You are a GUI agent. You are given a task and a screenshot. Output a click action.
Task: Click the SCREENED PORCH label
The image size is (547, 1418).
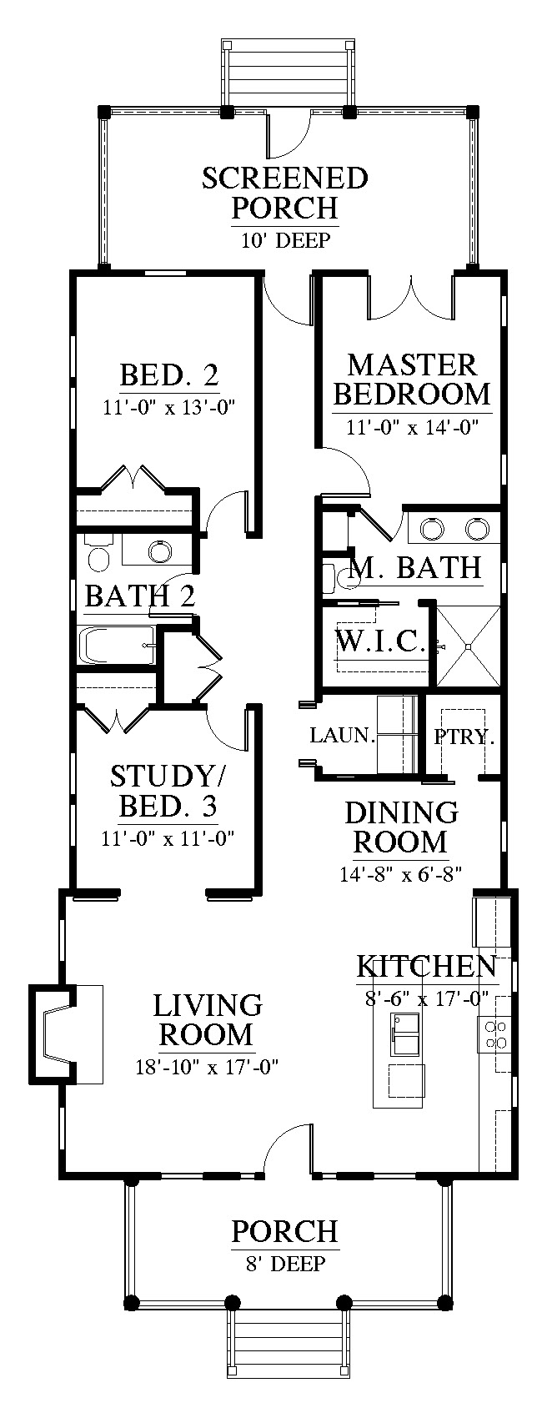click(x=285, y=193)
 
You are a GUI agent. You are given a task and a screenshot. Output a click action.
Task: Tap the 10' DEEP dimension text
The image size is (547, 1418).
click(x=285, y=240)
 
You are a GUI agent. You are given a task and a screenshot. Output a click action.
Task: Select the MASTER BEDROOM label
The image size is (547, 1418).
click(x=412, y=380)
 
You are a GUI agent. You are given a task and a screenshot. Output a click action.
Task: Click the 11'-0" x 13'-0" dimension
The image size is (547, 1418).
click(x=169, y=405)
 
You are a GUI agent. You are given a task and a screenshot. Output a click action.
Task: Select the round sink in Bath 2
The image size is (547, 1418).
click(x=159, y=551)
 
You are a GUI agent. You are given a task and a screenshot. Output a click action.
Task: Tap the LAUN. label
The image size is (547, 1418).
click(x=343, y=735)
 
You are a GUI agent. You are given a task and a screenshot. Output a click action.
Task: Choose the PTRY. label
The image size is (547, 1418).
click(x=464, y=737)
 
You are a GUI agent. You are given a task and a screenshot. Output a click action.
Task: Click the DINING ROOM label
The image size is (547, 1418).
click(x=401, y=827)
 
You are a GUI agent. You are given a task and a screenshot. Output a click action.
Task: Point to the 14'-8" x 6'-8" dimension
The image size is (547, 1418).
click(x=400, y=874)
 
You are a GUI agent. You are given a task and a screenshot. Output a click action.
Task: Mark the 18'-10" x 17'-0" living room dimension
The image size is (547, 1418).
click(x=207, y=1068)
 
